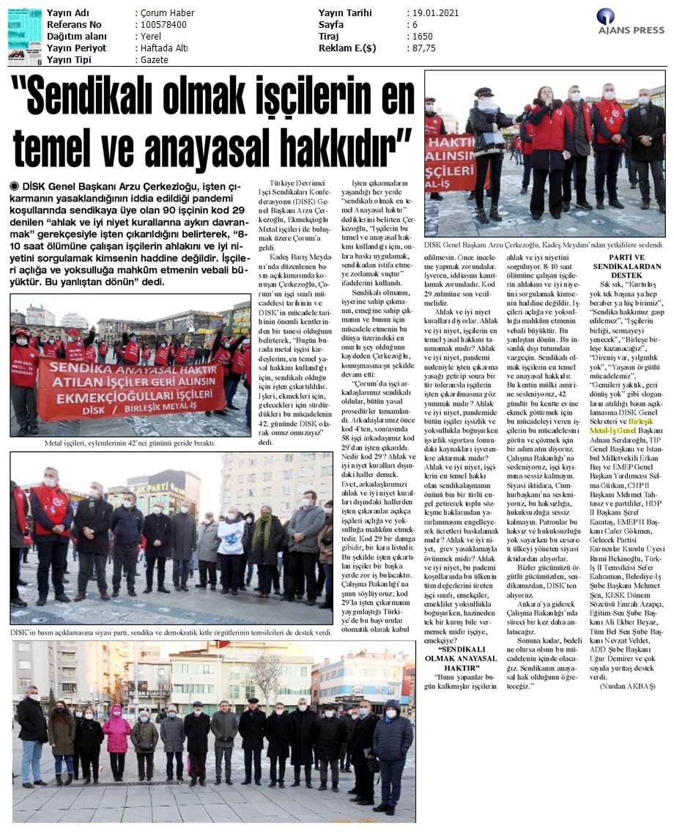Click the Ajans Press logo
630,22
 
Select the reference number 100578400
163,25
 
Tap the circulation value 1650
422,37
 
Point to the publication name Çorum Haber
168,13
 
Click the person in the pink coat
116,737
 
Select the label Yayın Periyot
76,48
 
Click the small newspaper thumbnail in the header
24,36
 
